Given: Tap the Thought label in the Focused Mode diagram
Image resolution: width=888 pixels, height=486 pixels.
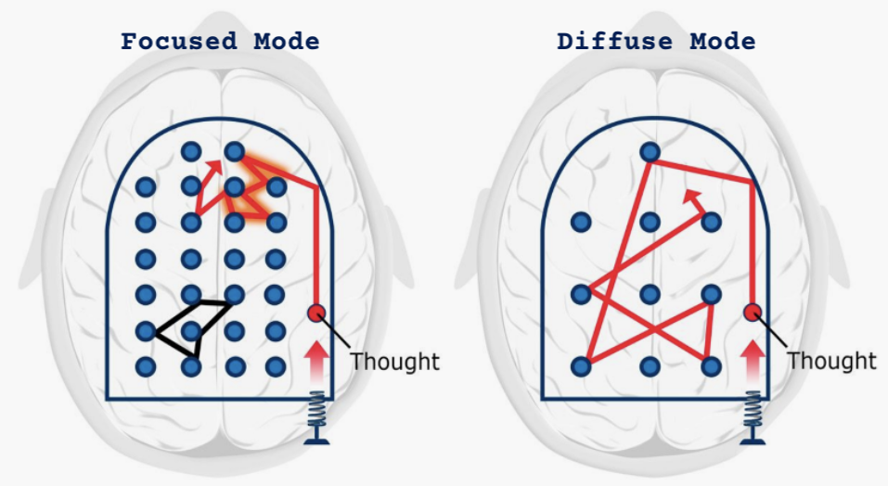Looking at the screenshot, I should click(x=394, y=360).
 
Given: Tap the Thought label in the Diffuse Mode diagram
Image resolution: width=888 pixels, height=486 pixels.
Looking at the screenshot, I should click(x=831, y=360).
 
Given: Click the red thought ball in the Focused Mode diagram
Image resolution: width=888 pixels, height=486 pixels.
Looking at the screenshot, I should click(x=316, y=313).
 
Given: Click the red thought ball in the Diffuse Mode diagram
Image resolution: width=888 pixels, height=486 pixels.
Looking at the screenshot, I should click(x=753, y=313).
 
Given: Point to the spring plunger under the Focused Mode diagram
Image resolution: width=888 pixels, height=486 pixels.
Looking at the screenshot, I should click(x=316, y=417).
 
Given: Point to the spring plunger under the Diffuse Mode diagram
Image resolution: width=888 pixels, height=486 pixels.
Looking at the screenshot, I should click(x=753, y=417).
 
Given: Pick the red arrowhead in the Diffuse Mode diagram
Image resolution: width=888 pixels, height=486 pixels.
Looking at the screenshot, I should click(x=690, y=196).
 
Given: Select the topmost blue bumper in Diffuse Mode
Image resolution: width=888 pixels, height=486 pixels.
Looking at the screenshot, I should click(x=650, y=151).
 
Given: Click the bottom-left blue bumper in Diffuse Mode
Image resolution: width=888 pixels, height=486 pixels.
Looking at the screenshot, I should click(x=581, y=366).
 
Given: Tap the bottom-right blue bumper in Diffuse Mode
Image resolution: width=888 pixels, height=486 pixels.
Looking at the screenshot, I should click(x=711, y=366).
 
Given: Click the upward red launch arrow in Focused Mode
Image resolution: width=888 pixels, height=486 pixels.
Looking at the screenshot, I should click(x=316, y=358).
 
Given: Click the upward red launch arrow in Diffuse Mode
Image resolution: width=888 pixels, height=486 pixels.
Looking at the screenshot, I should click(x=753, y=358).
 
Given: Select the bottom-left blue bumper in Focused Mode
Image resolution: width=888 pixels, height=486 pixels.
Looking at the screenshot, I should click(x=145, y=366).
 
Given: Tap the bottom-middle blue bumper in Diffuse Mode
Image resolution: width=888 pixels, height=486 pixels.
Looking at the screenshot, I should click(x=650, y=366).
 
